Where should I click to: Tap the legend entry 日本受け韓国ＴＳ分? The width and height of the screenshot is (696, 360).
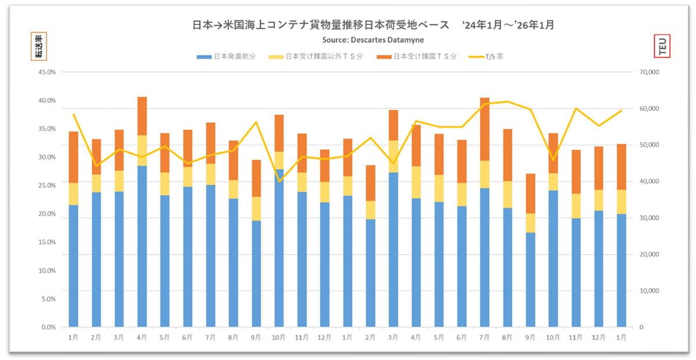point(418,57)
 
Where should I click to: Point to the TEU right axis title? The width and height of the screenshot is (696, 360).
point(662,46)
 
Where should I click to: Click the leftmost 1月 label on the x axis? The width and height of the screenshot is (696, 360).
point(74,337)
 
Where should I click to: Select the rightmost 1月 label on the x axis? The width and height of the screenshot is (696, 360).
point(621,337)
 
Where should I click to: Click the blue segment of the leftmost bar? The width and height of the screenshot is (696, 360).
point(74,267)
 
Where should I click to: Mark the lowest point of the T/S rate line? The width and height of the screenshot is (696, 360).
point(280,181)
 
